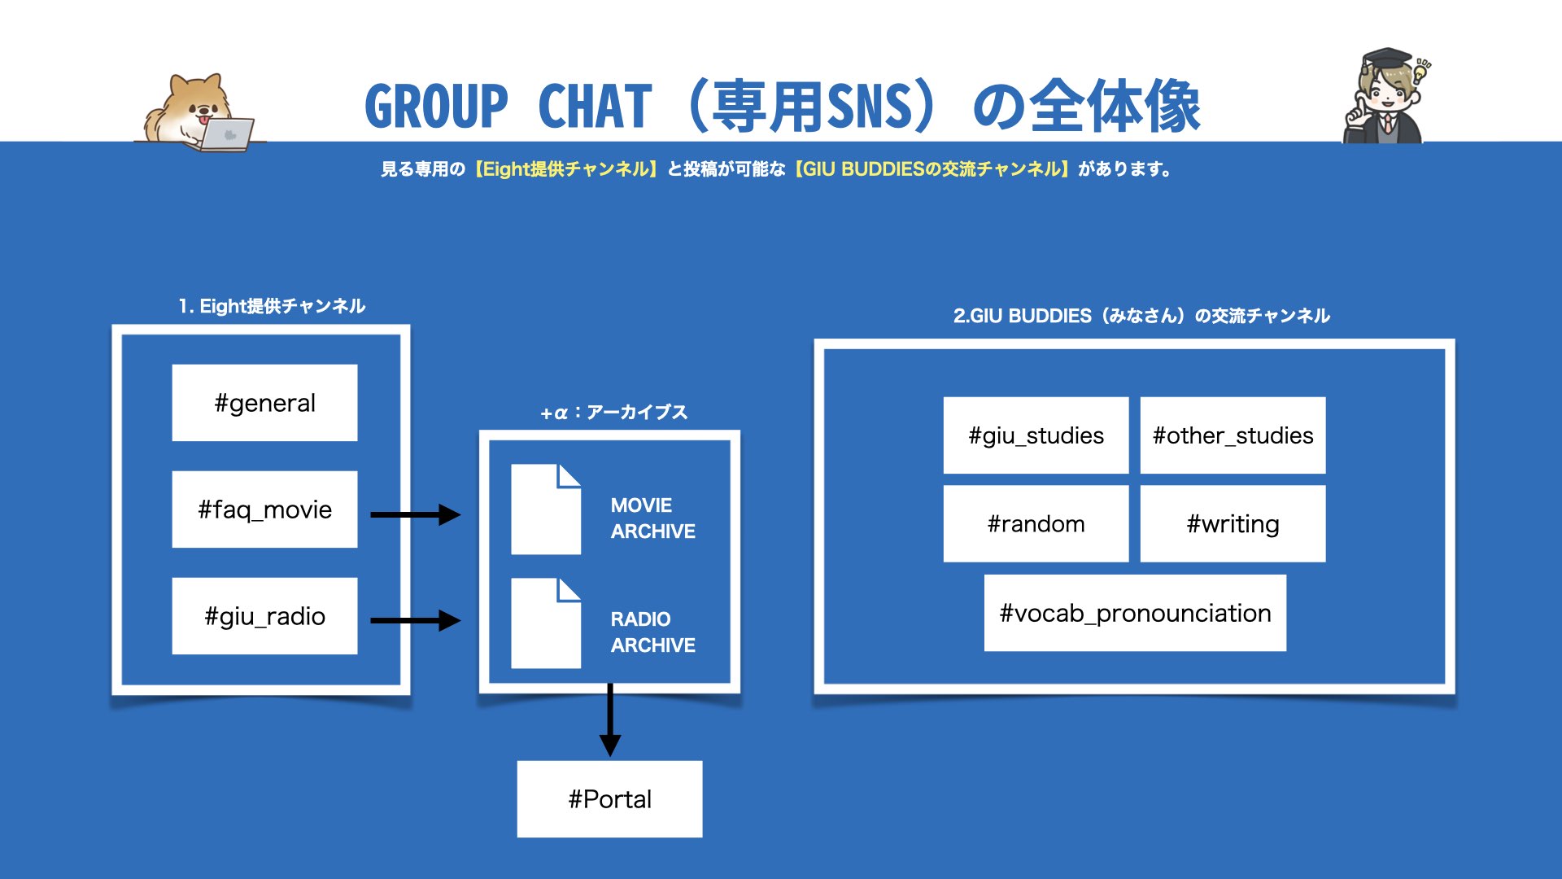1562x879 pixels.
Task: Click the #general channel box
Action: pos(264,403)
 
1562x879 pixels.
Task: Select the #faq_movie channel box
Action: pos(264,509)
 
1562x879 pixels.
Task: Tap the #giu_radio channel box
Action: pos(264,616)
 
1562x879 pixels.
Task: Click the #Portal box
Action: pos(609,799)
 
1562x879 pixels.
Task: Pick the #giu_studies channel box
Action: pos(1036,435)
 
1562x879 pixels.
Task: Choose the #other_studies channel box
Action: pos(1233,435)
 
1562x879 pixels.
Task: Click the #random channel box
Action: pos(1036,524)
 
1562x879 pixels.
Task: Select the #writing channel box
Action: pos(1233,524)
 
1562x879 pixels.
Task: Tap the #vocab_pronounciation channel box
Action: pos(1135,613)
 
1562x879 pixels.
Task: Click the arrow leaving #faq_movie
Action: pos(416,514)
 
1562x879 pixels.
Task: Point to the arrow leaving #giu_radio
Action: pos(416,620)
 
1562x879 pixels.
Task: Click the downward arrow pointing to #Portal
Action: pos(610,719)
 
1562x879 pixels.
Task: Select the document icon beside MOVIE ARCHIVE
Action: pos(546,509)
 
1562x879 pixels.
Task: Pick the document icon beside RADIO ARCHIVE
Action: pos(546,623)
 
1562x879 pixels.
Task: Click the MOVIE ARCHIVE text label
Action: pos(652,518)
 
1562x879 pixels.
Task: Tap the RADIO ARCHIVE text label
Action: pos(652,632)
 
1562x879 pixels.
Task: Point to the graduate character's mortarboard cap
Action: pos(1386,59)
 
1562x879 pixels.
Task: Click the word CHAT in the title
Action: pos(595,107)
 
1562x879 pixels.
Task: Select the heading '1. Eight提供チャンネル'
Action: pos(272,306)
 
